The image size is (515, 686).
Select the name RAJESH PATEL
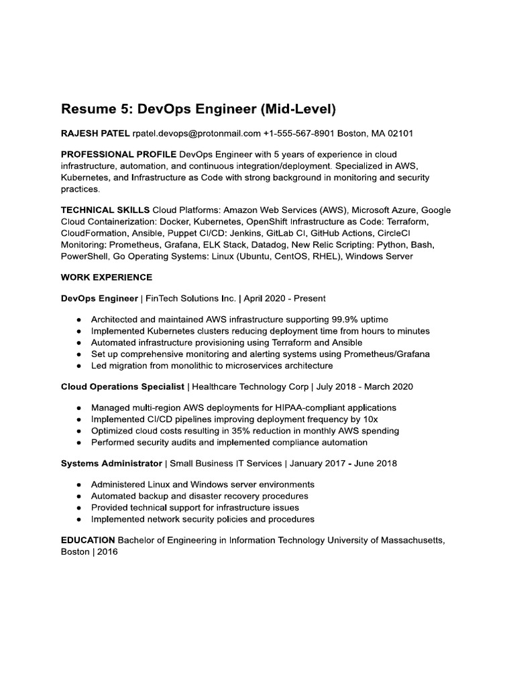pyautogui.click(x=95, y=134)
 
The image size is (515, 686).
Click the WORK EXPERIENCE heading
pyautogui.click(x=107, y=277)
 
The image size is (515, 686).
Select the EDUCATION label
pyautogui.click(x=88, y=539)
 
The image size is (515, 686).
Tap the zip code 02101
pyautogui.click(x=399, y=134)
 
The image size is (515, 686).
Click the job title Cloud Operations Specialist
pyautogui.click(x=123, y=387)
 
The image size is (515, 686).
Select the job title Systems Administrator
pyautogui.click(x=111, y=463)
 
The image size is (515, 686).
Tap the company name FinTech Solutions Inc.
pyautogui.click(x=201, y=298)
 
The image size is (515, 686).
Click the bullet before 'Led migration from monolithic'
pyautogui.click(x=80, y=366)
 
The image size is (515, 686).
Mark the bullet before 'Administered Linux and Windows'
pyautogui.click(x=80, y=484)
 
